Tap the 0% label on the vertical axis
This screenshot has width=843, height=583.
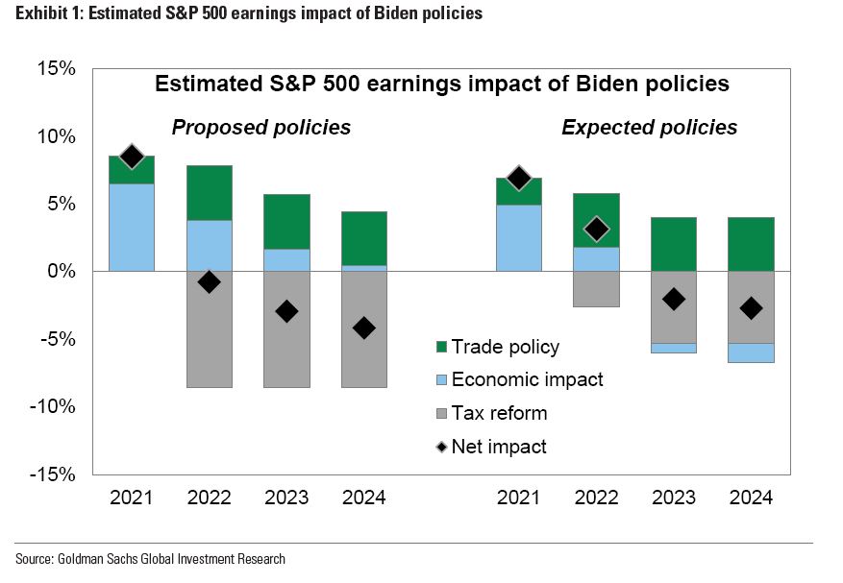62,272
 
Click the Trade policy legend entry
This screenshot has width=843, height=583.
505,347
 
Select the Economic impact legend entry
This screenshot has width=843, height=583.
527,379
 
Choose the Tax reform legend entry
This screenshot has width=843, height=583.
499,413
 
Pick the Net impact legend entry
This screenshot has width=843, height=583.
498,446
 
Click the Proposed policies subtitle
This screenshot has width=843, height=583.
260,128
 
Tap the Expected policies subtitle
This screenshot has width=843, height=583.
649,128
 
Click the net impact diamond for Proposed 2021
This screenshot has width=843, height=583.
132,157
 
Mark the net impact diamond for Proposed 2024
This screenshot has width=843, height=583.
363,328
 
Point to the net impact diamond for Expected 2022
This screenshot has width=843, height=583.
596,229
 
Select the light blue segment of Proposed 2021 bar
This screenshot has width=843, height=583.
132,227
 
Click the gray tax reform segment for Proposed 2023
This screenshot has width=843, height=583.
286,355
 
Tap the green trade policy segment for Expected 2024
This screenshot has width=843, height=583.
751,244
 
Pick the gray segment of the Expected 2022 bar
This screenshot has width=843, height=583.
596,289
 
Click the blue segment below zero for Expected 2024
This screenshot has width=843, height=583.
751,352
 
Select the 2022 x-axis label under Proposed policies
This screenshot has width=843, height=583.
209,498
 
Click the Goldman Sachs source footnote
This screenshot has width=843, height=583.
150,559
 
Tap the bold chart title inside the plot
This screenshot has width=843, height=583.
442,85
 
